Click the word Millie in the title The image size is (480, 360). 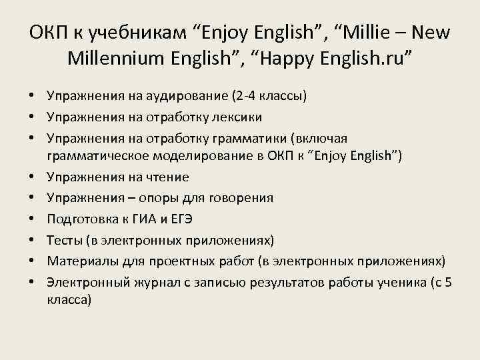point(371,32)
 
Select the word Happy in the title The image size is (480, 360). point(294,59)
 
